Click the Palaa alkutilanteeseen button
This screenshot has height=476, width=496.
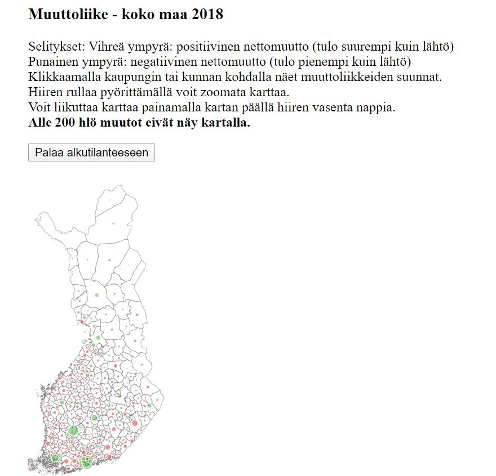coord(91,152)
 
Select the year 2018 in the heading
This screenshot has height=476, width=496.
coord(207,15)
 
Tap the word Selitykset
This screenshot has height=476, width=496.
coord(55,46)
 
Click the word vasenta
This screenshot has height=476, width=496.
coord(318,107)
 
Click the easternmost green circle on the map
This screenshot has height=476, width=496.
coord(149,406)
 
